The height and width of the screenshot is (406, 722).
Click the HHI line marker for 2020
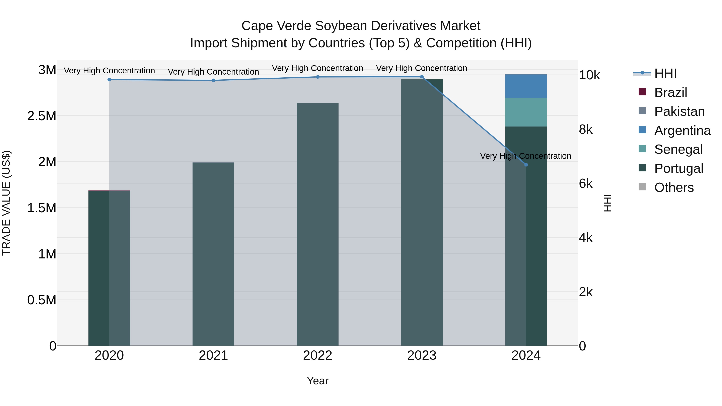[x=109, y=80]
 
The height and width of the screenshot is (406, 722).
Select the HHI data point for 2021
[x=213, y=80]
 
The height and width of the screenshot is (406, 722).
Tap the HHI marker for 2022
[x=317, y=77]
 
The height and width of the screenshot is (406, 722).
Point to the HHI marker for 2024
[x=526, y=165]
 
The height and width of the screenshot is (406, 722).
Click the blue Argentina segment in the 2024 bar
[x=526, y=86]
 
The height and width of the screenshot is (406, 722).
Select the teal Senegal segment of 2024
[x=526, y=112]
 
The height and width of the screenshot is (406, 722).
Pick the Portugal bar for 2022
[x=317, y=224]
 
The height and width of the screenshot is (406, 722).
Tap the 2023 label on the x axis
[x=422, y=355]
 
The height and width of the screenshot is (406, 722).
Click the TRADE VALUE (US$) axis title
[x=6, y=203]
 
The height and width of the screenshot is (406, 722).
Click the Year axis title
[x=317, y=381]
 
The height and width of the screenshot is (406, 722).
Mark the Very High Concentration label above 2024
[x=525, y=156]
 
